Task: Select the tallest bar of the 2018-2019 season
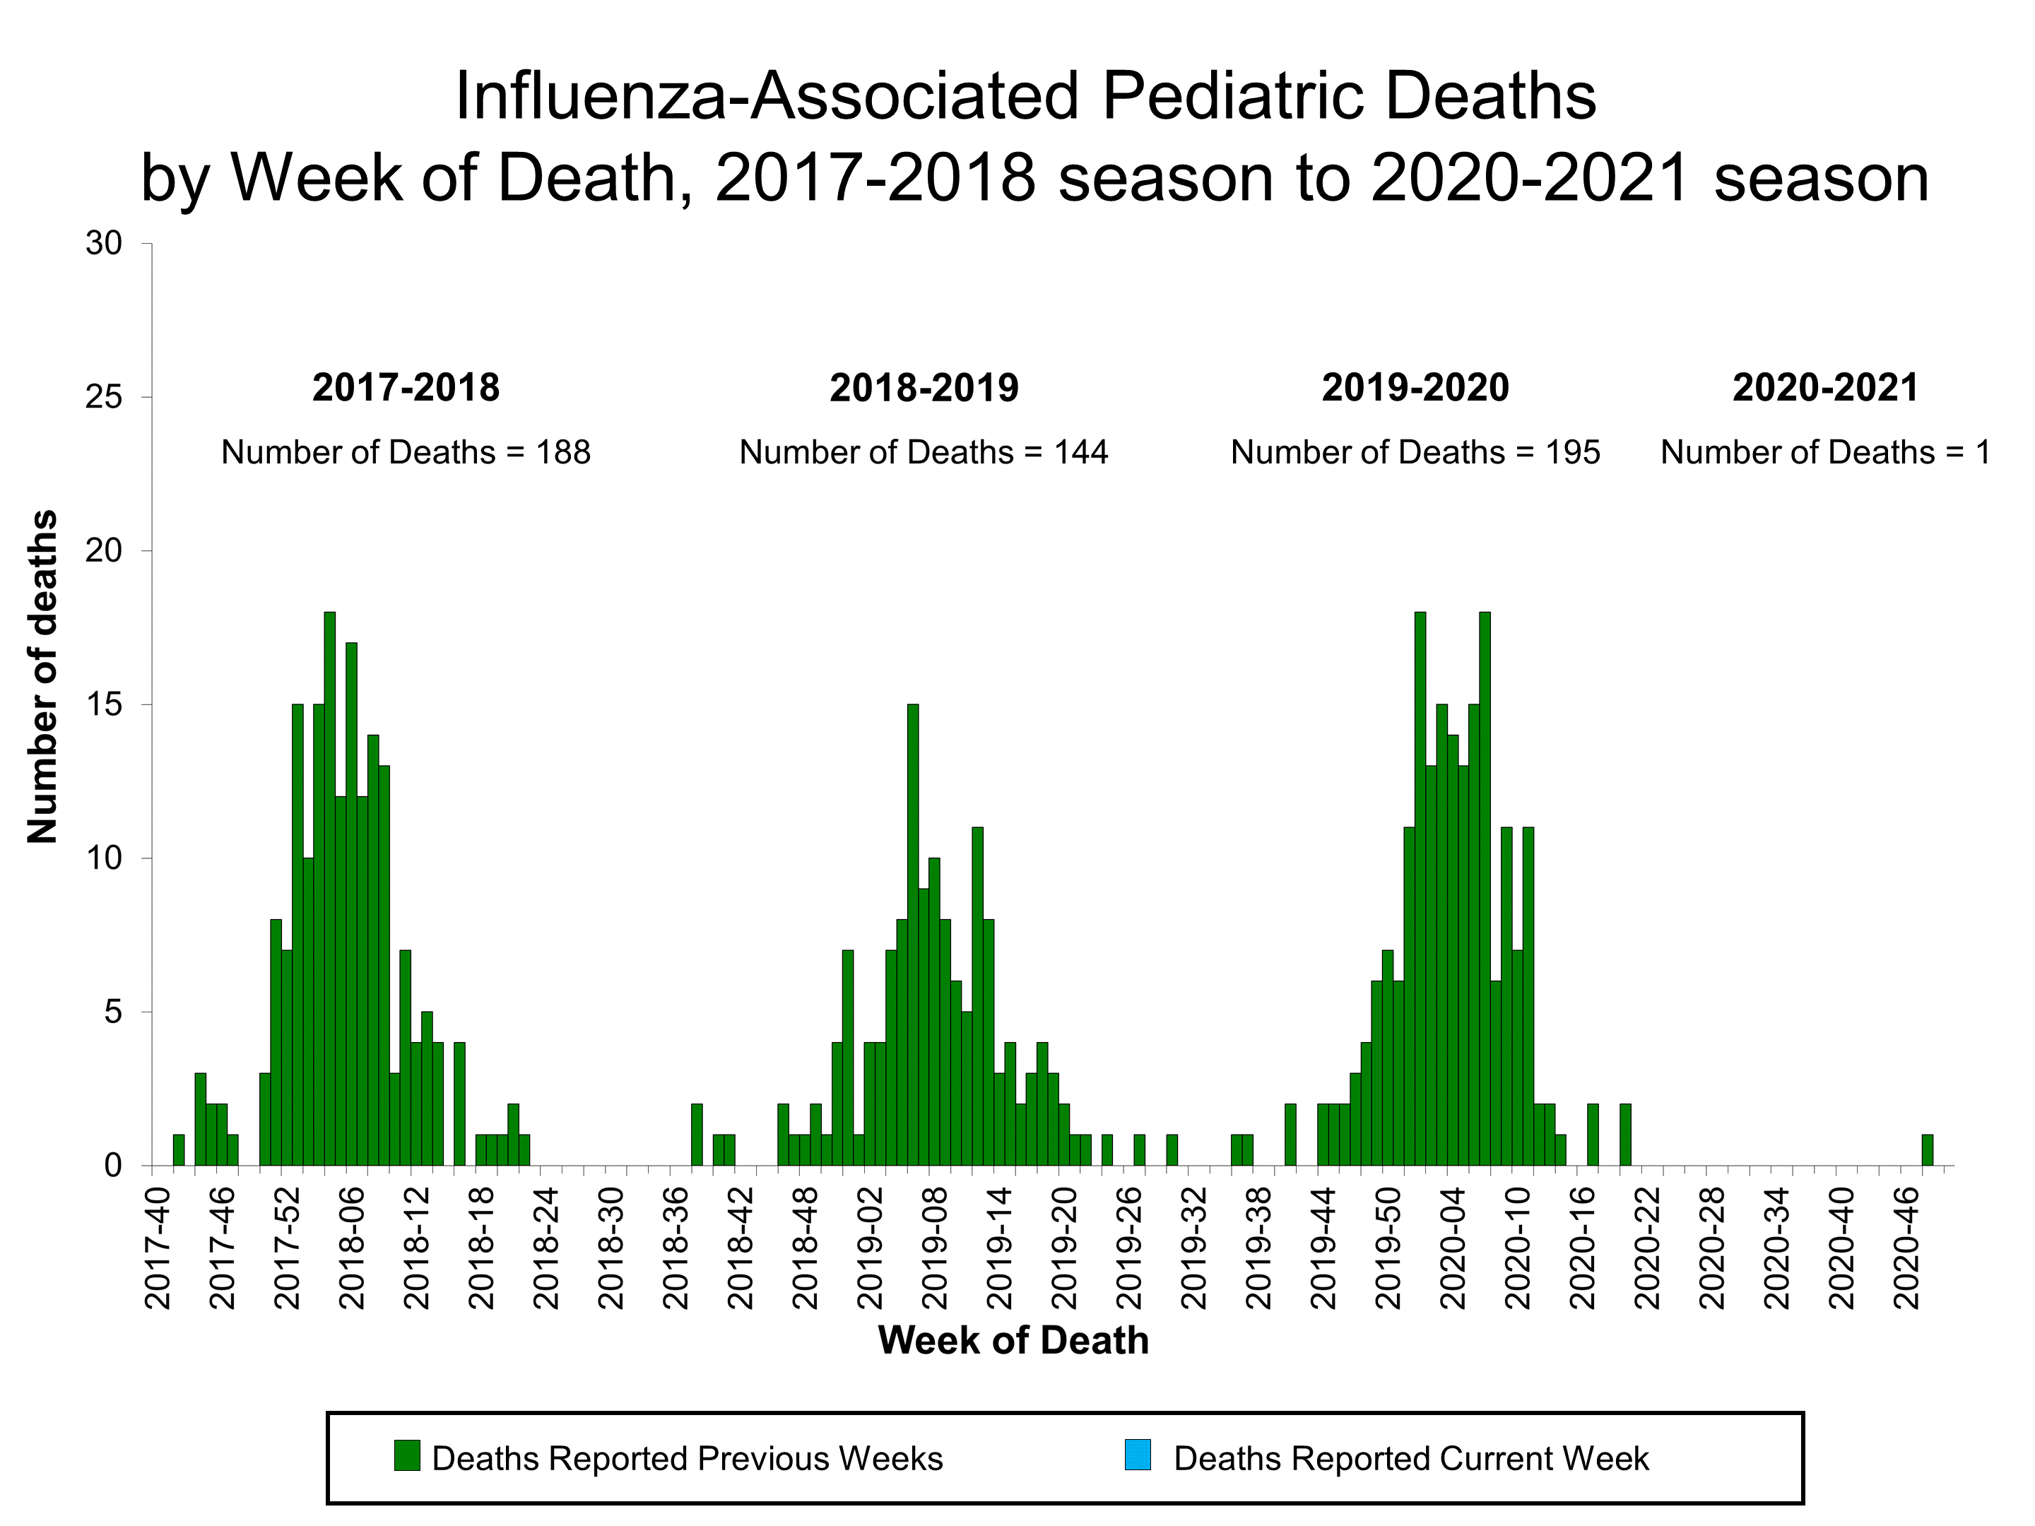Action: click(x=913, y=935)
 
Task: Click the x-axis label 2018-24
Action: click(x=546, y=1249)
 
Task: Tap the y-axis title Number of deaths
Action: click(x=42, y=677)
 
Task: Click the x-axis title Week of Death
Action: click(x=1013, y=1341)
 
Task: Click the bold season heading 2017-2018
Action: click(x=406, y=387)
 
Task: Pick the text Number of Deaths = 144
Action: click(x=924, y=453)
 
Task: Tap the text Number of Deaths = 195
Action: click(x=1415, y=453)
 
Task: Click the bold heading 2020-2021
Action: click(x=1825, y=387)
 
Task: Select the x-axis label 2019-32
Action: click(x=1193, y=1249)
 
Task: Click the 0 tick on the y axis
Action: click(x=113, y=1166)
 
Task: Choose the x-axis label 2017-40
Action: click(x=158, y=1249)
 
